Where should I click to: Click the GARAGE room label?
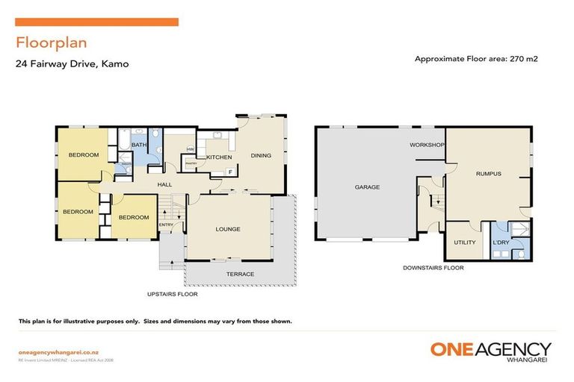(x=367, y=187)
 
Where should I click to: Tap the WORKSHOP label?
(x=427, y=145)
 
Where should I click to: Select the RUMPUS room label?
(x=488, y=175)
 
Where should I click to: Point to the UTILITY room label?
(x=465, y=242)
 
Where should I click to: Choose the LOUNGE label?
(x=228, y=229)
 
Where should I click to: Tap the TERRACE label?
(x=240, y=274)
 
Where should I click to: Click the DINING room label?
(x=261, y=156)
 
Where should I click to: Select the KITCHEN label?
(x=219, y=157)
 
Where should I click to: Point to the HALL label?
(x=165, y=184)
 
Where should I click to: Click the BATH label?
(x=139, y=145)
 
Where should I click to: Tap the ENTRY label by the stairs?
(x=166, y=225)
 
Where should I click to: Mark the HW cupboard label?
(x=191, y=149)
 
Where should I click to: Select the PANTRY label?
(x=190, y=162)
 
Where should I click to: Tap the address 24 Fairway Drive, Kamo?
(x=72, y=64)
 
